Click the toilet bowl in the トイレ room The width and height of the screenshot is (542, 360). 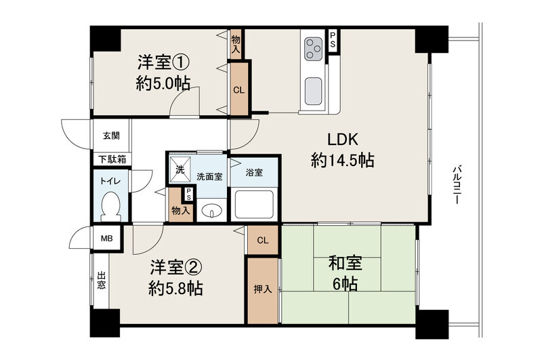(110, 207)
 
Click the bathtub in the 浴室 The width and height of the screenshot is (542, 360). (254, 204)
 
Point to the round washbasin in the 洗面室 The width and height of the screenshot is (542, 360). (211, 210)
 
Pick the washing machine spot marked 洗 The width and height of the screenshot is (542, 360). (180, 169)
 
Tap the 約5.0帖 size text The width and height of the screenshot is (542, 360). (163, 83)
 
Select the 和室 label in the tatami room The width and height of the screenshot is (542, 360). (345, 263)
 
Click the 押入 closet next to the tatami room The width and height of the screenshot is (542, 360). (263, 289)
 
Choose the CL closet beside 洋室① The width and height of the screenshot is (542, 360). (239, 90)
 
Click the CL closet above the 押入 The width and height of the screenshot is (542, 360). (263, 241)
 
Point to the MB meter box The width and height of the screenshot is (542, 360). (107, 238)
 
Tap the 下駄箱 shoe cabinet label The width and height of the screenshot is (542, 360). (112, 159)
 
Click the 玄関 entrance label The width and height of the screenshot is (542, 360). (111, 136)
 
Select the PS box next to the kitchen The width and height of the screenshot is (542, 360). (333, 40)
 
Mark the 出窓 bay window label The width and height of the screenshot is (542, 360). (101, 281)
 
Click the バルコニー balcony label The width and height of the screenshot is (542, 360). (456, 184)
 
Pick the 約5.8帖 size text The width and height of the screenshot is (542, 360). (175, 287)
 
